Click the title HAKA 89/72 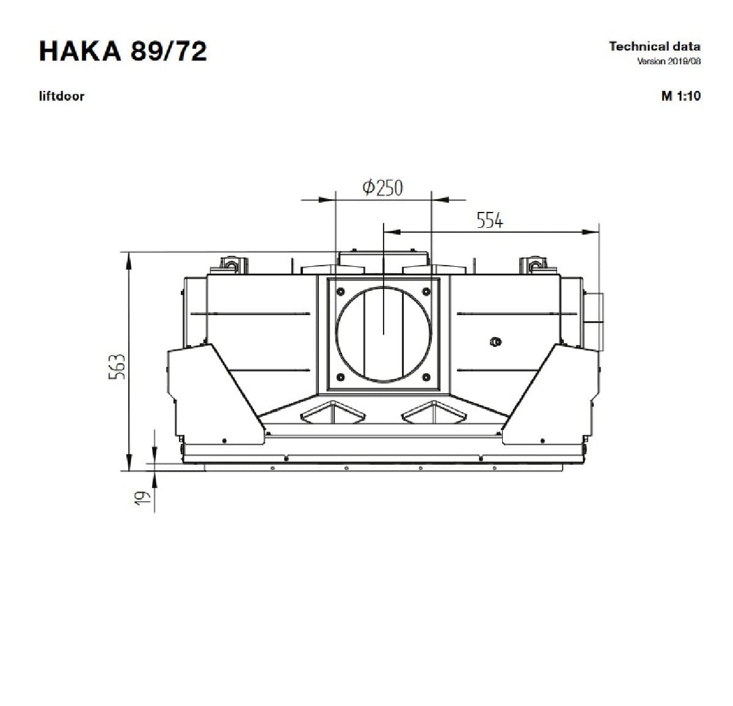(x=123, y=51)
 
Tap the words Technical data (x=655, y=46)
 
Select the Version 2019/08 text (x=669, y=61)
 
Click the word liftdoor (x=62, y=96)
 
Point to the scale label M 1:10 (x=681, y=96)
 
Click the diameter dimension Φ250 (x=383, y=187)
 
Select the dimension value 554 (x=490, y=220)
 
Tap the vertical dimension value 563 (x=117, y=366)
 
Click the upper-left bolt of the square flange (x=340, y=291)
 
